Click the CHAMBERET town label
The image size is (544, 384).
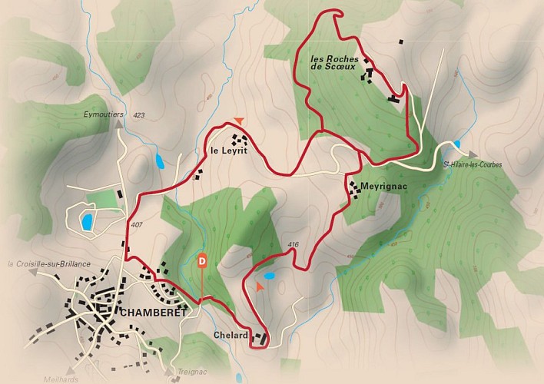point(151,312)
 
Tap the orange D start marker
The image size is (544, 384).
point(202,260)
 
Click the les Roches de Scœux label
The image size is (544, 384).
point(335,62)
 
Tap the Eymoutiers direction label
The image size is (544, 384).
point(103,114)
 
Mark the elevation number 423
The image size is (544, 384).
point(138,115)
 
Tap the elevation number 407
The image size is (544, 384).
point(137,226)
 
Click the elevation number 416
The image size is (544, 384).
point(292,245)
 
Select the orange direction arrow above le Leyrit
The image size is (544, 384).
point(240,121)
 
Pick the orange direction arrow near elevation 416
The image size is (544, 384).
point(260,286)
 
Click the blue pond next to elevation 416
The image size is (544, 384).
point(269,275)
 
